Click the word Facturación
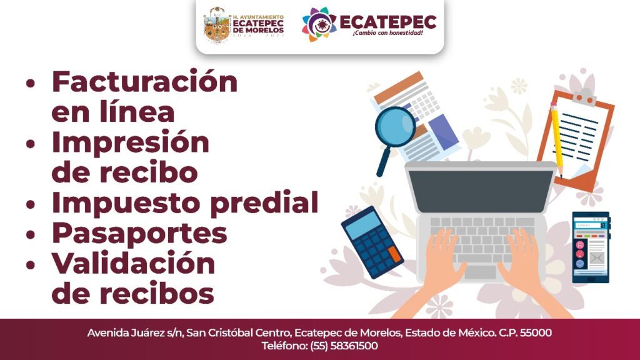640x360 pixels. (144, 82)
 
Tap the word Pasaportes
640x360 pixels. (139, 234)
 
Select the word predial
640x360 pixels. (264, 203)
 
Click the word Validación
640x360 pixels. (133, 263)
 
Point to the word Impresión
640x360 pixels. (130, 143)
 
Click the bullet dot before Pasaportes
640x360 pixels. (31, 235)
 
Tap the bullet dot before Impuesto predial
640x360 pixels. (31, 204)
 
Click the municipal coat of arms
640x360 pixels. (217, 25)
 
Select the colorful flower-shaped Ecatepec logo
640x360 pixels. (319, 24)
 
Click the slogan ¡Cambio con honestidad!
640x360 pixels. (387, 32)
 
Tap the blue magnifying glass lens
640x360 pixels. (395, 127)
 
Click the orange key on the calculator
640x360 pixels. (395, 254)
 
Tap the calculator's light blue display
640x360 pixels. (362, 225)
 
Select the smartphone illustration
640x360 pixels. (591, 247)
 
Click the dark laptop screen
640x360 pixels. (481, 191)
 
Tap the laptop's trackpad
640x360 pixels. (481, 272)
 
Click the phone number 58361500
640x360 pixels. (354, 346)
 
